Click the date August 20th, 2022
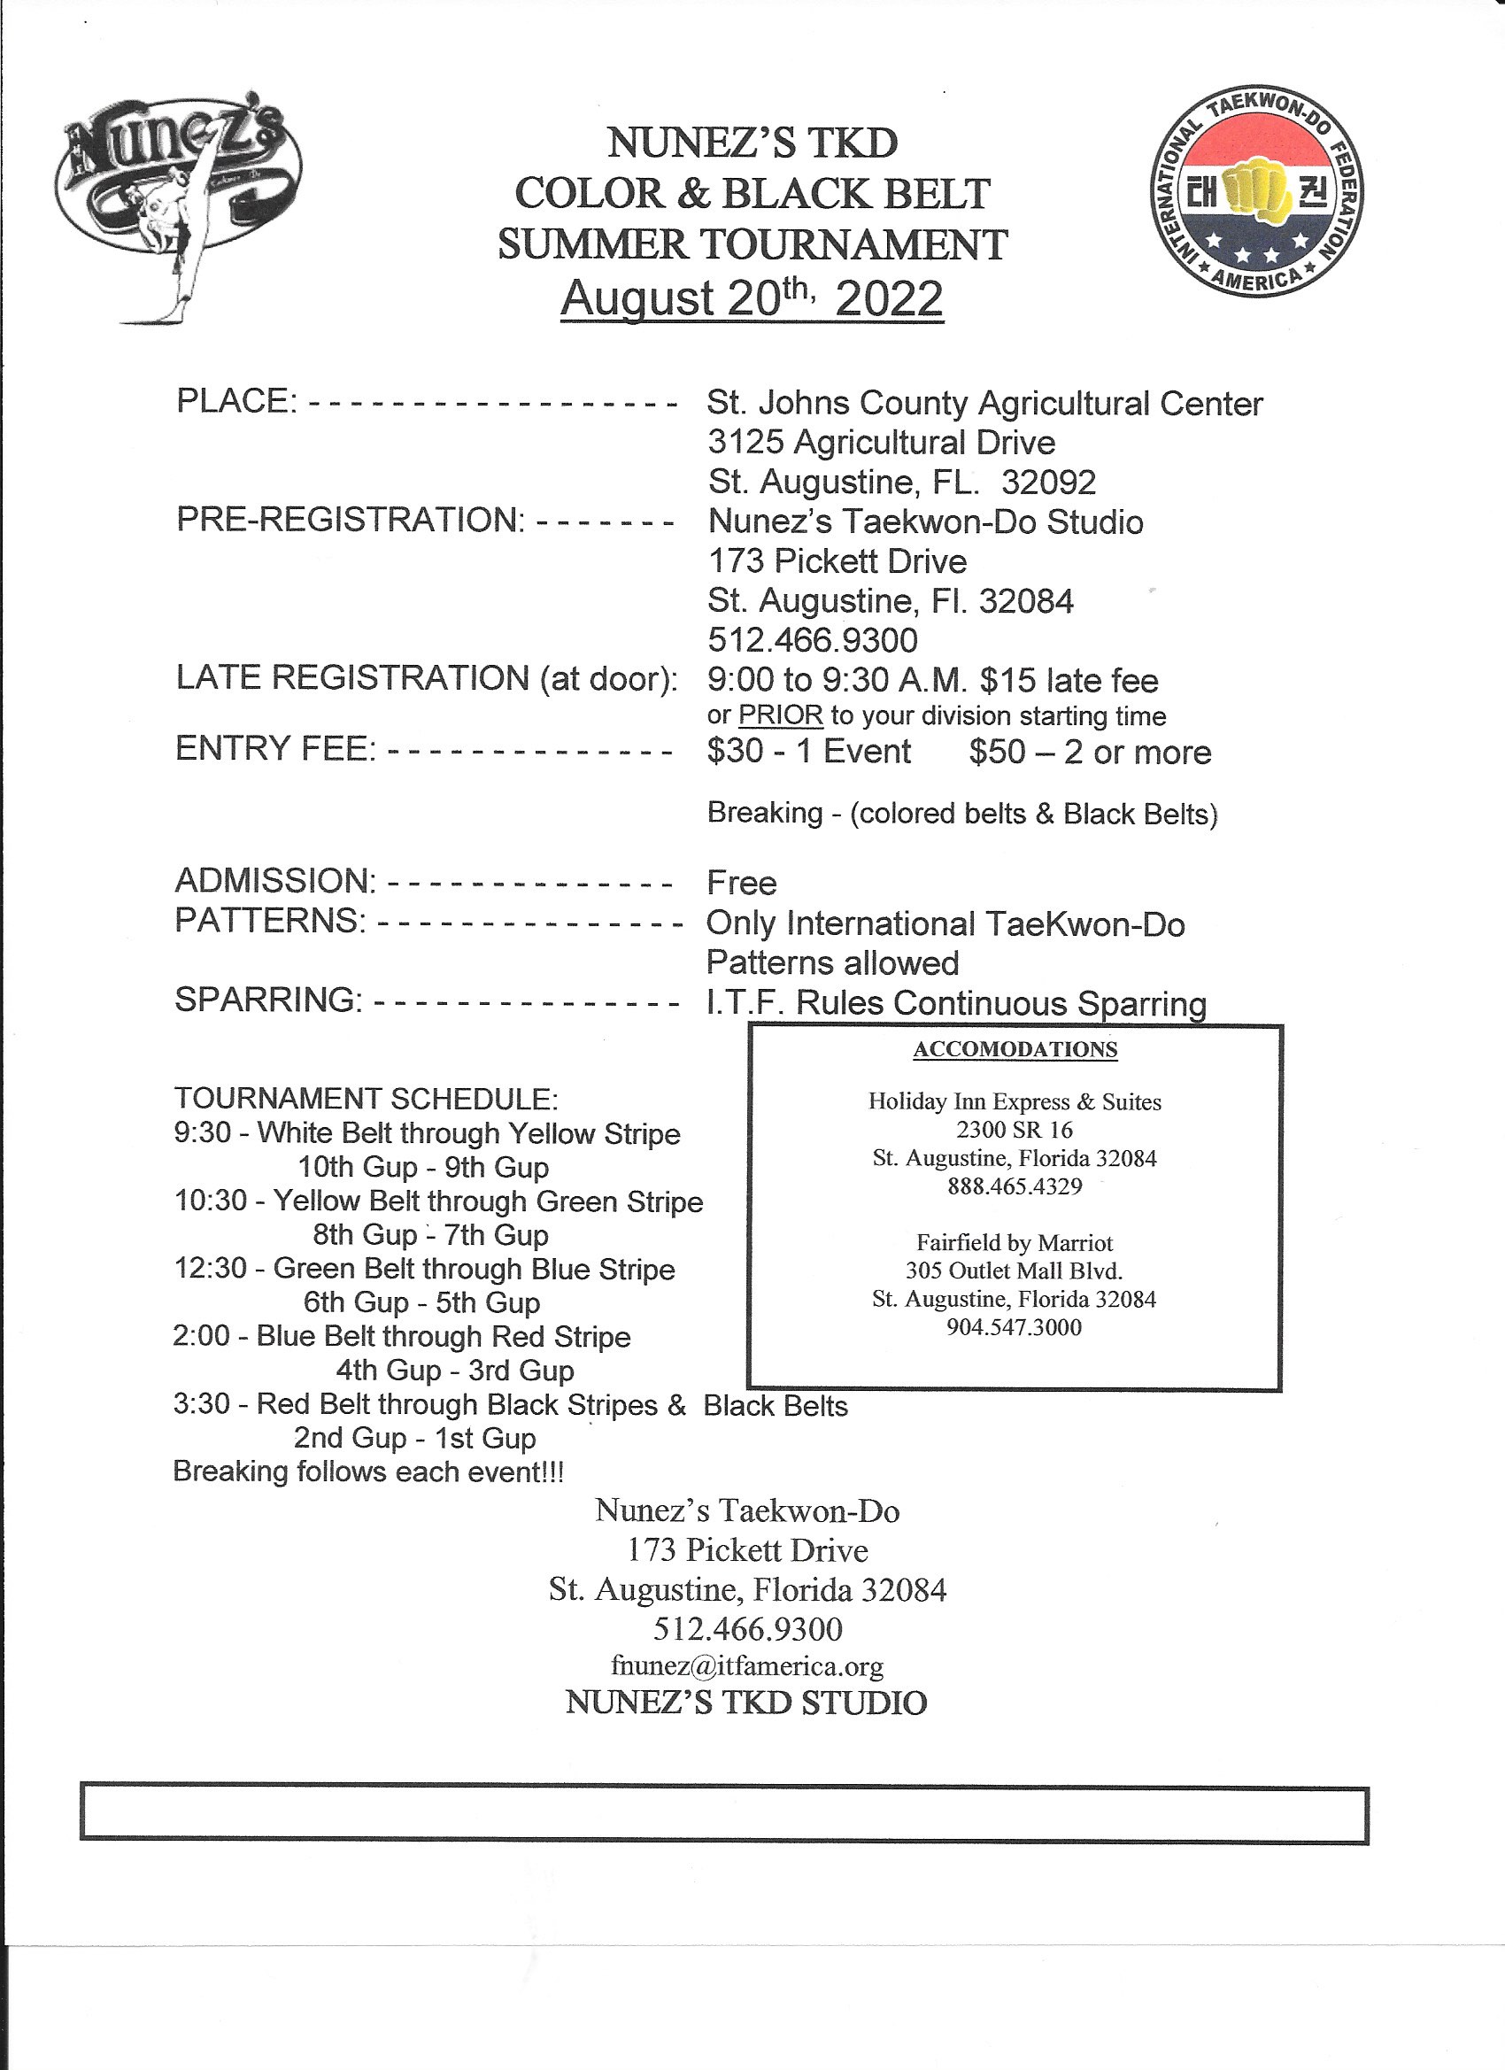(x=751, y=297)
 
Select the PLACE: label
(x=236, y=401)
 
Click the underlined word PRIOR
(x=780, y=715)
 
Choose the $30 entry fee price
(x=735, y=751)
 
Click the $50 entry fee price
(x=997, y=751)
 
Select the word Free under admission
(x=741, y=883)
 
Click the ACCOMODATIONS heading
(x=1015, y=1049)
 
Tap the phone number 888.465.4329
(x=1014, y=1186)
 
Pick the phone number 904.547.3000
(x=1014, y=1327)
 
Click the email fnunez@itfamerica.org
(x=746, y=1666)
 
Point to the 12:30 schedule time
(x=210, y=1269)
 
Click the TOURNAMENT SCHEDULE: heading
(x=366, y=1098)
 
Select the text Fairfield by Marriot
(x=1014, y=1243)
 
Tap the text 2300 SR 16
(x=1014, y=1130)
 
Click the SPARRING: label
(x=268, y=1000)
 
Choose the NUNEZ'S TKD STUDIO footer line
(x=745, y=1703)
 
